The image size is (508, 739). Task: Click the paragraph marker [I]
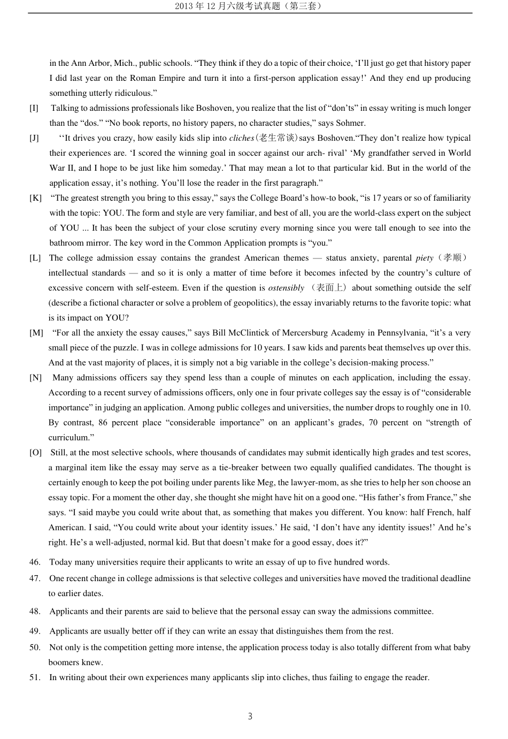(34, 108)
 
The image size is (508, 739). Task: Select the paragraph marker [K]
(35, 198)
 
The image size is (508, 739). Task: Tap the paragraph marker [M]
(36, 333)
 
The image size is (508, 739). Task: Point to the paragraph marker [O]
(35, 453)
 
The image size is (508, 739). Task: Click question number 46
(35, 562)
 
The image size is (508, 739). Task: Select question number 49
(35, 631)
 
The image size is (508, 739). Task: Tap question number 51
(35, 677)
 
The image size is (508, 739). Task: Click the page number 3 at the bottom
(250, 717)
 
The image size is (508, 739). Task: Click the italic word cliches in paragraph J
(242, 138)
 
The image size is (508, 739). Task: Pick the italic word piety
(424, 258)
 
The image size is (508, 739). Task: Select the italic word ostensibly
(286, 288)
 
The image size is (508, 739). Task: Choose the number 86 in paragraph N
(103, 423)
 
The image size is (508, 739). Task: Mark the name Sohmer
(350, 123)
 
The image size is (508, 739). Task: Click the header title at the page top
(250, 6)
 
